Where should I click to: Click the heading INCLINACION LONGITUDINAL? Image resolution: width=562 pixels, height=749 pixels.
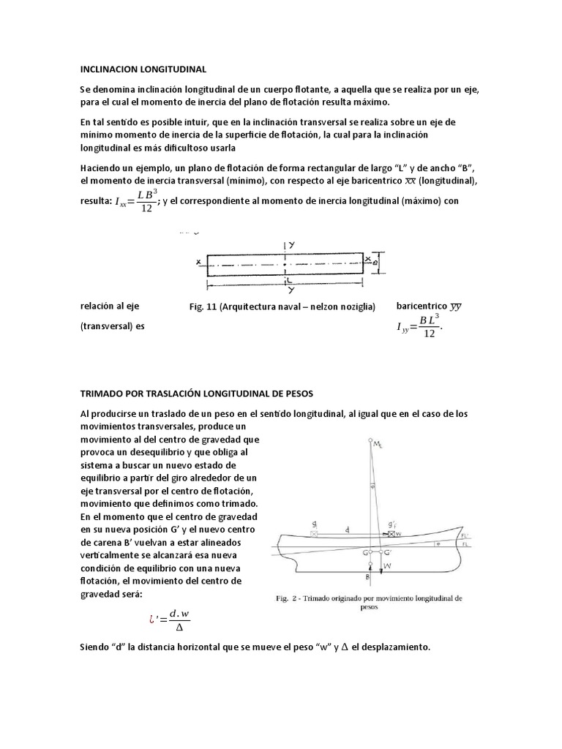pos(143,69)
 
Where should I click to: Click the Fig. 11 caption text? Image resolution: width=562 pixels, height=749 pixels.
pos(282,306)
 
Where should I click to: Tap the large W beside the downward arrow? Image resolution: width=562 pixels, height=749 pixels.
pos(386,565)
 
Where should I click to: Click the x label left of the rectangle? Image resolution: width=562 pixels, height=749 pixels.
pos(198,261)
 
